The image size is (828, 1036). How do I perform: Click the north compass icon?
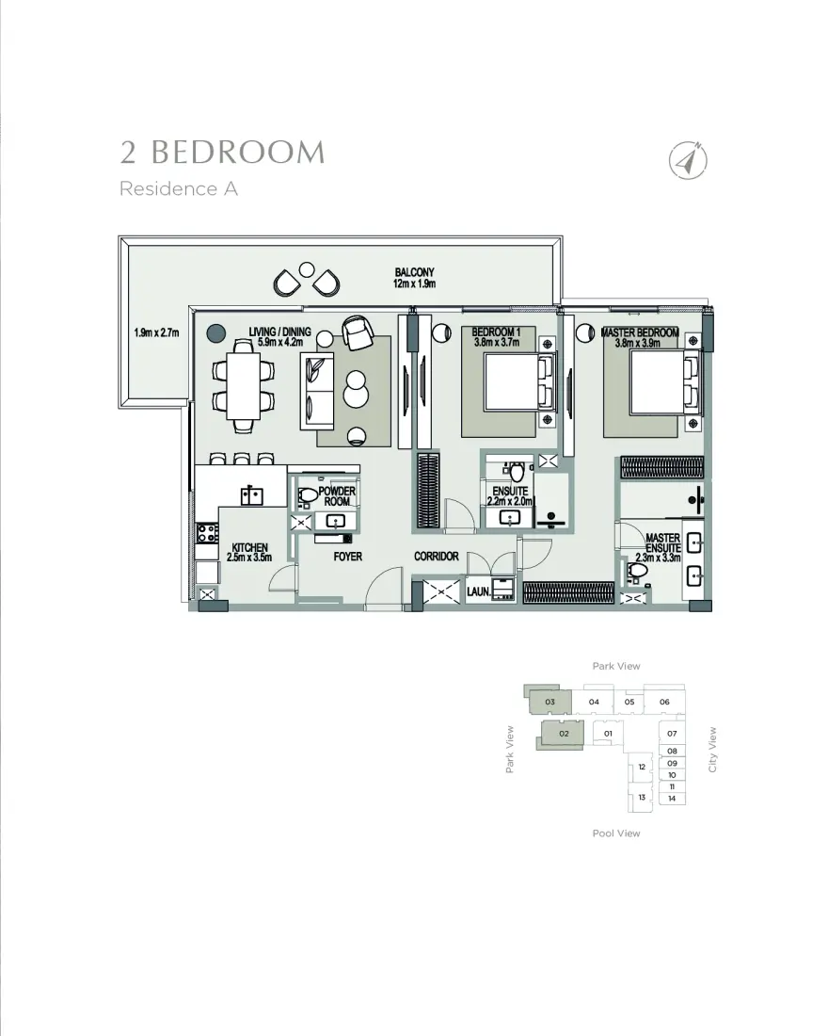[x=689, y=161]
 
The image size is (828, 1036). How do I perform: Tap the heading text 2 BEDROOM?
[x=222, y=153]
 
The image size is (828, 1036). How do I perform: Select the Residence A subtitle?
[x=178, y=189]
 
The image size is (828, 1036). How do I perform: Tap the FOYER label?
[x=347, y=557]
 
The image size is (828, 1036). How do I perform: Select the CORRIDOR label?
[x=437, y=557]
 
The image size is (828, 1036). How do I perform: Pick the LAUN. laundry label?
[x=478, y=591]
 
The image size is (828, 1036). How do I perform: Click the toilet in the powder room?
[x=307, y=494]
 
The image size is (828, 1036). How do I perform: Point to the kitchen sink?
[x=251, y=495]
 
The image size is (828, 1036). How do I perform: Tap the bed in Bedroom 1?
[x=513, y=385]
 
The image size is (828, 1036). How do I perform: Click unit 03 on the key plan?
[x=549, y=702]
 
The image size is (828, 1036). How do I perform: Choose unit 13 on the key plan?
[x=642, y=798]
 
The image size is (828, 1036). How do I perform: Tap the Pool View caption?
[x=616, y=834]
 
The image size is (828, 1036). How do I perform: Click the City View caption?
[x=713, y=750]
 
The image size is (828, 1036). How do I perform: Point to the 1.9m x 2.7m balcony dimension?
[x=156, y=332]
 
